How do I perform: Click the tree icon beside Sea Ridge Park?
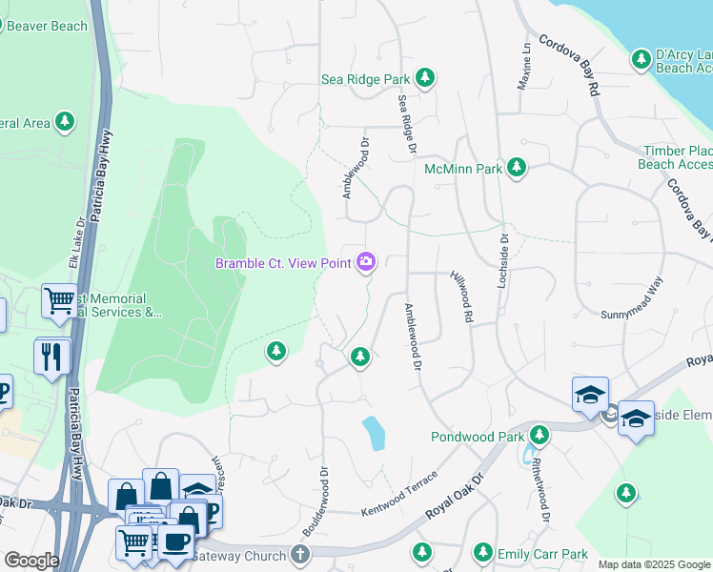(425, 79)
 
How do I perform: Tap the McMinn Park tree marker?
(517, 169)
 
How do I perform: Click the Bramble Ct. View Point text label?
(282, 263)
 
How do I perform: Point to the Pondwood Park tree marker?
(540, 436)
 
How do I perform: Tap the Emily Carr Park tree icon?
(483, 553)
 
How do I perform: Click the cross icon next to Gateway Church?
(301, 555)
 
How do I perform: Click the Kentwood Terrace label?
(398, 494)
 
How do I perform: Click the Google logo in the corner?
(31, 560)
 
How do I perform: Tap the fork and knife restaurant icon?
(52, 357)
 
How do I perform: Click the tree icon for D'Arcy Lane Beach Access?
(642, 60)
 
